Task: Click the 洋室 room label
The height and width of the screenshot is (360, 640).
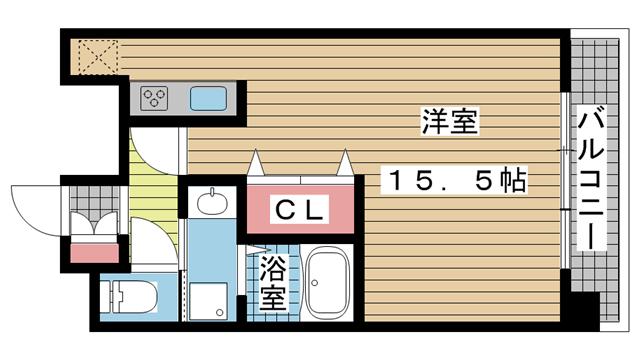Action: click(x=449, y=121)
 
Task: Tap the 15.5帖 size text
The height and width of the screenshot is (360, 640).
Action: click(x=454, y=180)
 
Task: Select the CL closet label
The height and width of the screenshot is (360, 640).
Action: click(x=300, y=210)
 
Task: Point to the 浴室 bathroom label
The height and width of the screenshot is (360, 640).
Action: click(x=273, y=283)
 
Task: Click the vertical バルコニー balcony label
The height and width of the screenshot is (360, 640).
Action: click(x=591, y=178)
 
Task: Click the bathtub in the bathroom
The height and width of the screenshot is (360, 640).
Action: click(x=327, y=283)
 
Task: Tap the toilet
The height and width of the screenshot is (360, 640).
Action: click(x=129, y=296)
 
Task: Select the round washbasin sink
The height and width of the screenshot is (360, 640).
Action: click(x=212, y=202)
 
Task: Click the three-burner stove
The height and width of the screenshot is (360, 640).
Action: click(x=154, y=98)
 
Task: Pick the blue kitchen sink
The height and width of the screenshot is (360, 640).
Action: click(x=208, y=98)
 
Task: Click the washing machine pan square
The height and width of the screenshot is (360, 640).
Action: click(x=208, y=301)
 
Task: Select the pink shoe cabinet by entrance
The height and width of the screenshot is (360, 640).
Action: click(x=94, y=253)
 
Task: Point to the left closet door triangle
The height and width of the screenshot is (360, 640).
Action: click(x=256, y=162)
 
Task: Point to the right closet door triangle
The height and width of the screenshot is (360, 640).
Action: click(x=345, y=162)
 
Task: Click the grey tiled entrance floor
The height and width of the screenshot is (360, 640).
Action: click(x=94, y=200)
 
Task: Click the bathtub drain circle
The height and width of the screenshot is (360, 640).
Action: click(x=315, y=282)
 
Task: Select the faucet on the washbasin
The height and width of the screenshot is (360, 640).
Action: click(x=212, y=192)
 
